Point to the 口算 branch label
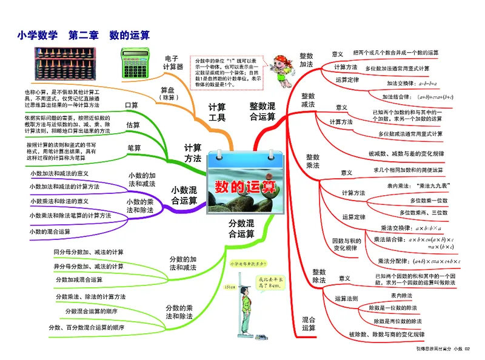point(132,105)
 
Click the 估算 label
point(133,125)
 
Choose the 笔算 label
point(134,147)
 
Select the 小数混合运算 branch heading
point(184,195)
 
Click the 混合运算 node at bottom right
point(309,324)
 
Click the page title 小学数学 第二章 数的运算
point(84,35)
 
